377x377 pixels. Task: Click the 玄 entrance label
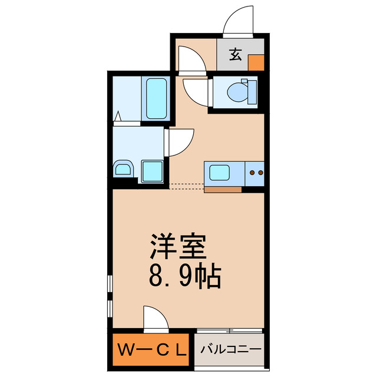pyautogui.click(x=235, y=55)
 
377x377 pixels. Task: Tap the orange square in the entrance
pyautogui.click(x=256, y=62)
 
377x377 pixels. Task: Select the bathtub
pyautogui.click(x=156, y=98)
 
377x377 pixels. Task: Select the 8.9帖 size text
pyautogui.click(x=184, y=275)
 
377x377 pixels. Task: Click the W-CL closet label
pyautogui.click(x=152, y=350)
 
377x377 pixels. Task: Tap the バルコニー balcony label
pyautogui.click(x=230, y=350)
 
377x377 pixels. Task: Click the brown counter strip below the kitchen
pyautogui.click(x=222, y=190)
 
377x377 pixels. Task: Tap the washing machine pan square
pyautogui.click(x=152, y=171)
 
